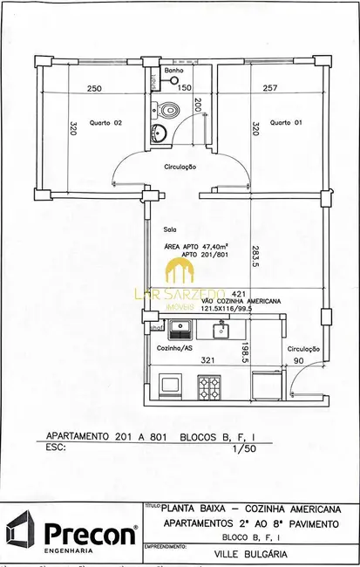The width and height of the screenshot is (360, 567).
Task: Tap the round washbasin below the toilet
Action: point(159,133)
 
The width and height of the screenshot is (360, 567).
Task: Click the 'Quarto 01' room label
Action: point(286,123)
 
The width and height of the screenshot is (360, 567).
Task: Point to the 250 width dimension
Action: point(94,88)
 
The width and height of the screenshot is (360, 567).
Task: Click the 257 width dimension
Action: point(269,88)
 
